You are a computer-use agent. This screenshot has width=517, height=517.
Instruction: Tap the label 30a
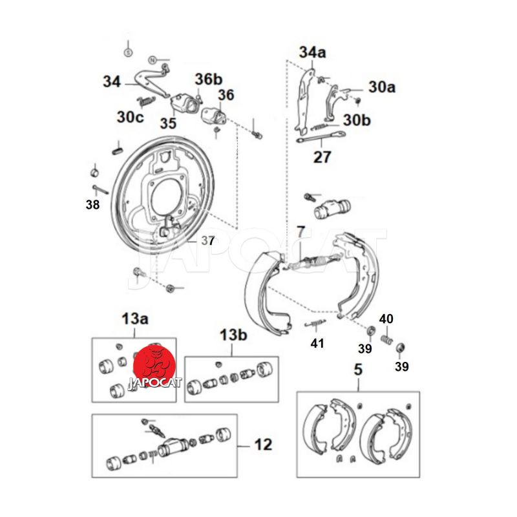pos(381,87)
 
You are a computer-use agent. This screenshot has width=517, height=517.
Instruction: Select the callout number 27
pos(322,156)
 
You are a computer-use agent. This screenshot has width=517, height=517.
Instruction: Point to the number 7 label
pos(301,231)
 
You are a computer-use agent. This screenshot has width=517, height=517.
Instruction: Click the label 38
pos(92,205)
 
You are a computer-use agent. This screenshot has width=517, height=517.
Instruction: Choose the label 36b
pos(208,79)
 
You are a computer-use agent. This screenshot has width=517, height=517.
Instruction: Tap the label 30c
pos(130,117)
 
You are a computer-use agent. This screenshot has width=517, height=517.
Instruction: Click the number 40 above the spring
pos(386,319)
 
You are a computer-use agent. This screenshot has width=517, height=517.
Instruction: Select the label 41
pos(317,343)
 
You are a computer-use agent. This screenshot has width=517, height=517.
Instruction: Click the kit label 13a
pos(135,318)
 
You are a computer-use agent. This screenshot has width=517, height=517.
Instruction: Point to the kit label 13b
pos(233,335)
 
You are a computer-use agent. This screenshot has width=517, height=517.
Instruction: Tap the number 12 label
pos(263,445)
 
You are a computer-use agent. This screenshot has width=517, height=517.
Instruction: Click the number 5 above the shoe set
pos(358,371)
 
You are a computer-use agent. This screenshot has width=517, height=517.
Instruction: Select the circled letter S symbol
pos(128,50)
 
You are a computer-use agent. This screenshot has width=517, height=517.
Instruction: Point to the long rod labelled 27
pos(321,137)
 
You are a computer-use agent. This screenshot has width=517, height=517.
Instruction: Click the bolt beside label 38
pos(100,189)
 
